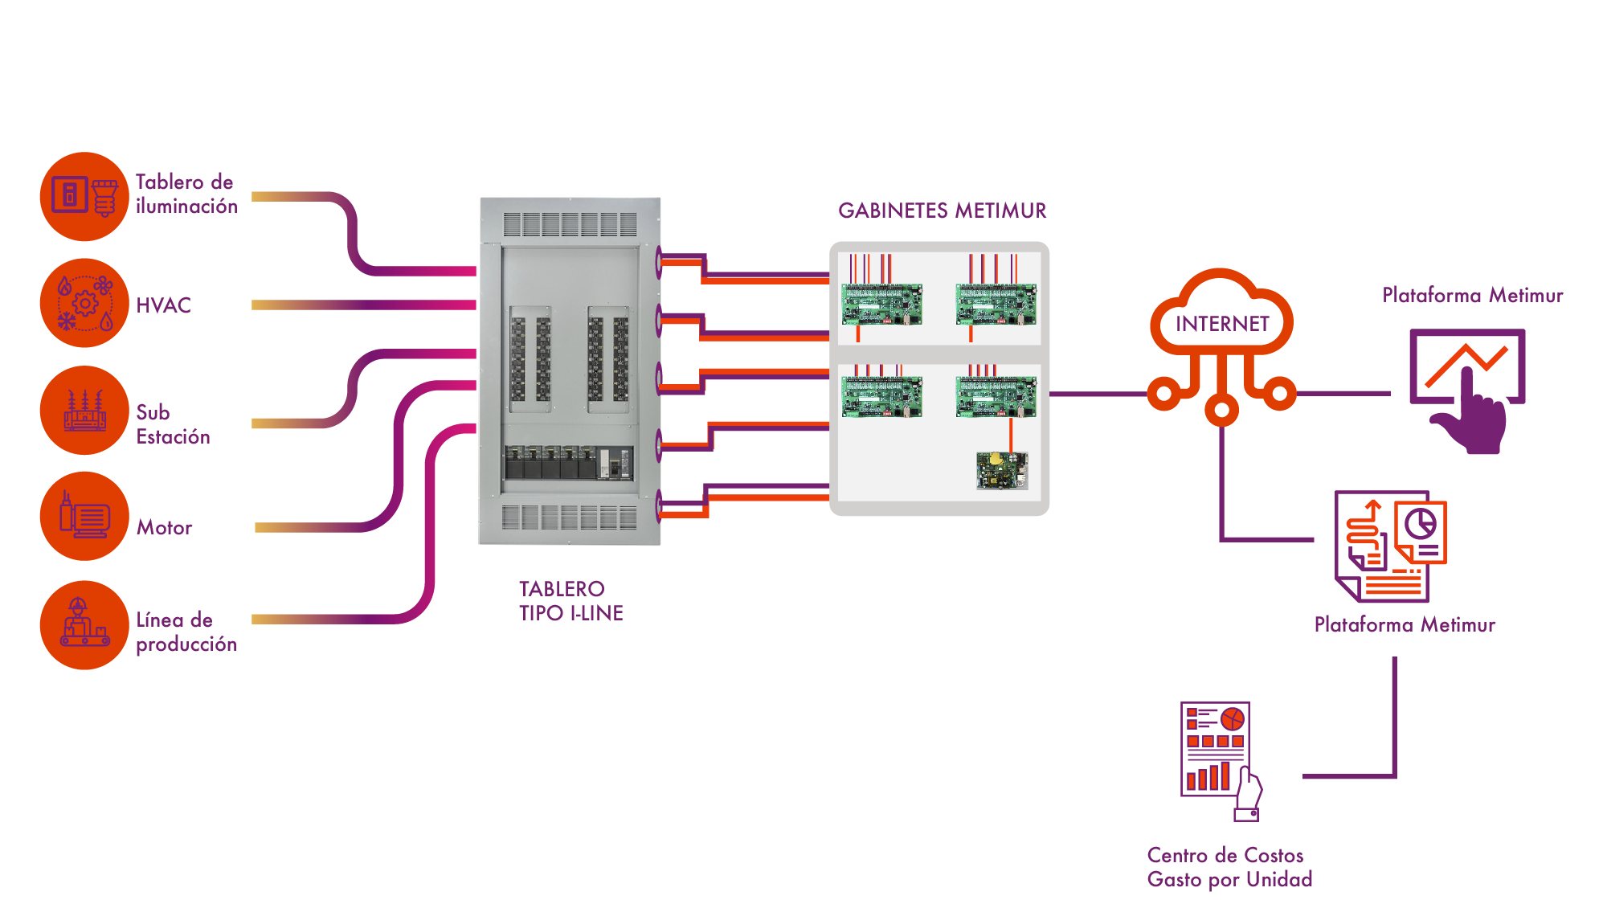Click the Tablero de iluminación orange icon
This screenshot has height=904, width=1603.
[84, 197]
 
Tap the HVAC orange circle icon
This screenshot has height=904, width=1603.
[84, 304]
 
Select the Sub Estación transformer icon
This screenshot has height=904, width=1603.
[84, 411]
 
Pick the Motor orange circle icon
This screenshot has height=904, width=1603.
[84, 517]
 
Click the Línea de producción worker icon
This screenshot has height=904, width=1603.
[84, 625]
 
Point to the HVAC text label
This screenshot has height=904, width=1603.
[164, 305]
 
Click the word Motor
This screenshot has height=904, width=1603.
[165, 528]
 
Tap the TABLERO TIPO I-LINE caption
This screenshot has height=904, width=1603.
[570, 601]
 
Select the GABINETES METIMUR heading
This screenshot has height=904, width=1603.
[942, 211]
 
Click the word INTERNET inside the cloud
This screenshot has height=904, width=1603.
[1222, 324]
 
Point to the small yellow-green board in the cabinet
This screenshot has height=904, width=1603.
[1001, 470]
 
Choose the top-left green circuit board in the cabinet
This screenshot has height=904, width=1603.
[881, 304]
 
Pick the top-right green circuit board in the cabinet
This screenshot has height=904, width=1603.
[996, 304]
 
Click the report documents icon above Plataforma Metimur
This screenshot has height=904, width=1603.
[1389, 546]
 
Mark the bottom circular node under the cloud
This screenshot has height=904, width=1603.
[1221, 411]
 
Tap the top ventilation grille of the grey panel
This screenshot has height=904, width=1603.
[570, 223]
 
